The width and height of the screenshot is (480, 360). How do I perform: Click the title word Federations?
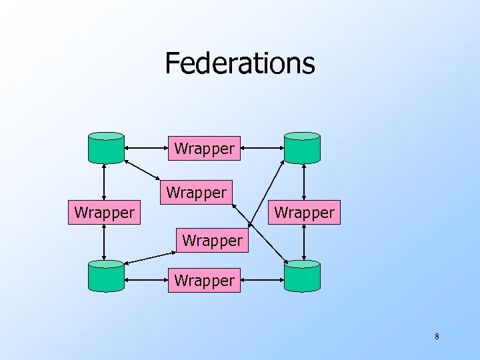point(239,63)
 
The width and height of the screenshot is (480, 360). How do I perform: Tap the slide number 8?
point(437,337)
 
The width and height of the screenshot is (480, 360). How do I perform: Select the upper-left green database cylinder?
point(106,147)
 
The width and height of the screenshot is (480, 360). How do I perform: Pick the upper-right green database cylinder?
point(302,147)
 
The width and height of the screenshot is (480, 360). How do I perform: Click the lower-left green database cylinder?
point(106,276)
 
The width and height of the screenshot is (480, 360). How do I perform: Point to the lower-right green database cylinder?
point(302,276)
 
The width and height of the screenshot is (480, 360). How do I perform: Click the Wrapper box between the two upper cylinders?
point(204,149)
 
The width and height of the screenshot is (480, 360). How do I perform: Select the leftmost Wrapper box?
point(104,213)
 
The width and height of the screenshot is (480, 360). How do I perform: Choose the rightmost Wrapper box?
point(305,213)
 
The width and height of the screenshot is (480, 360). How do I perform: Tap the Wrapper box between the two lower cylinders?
point(204,281)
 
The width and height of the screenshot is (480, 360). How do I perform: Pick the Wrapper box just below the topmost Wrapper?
point(197,193)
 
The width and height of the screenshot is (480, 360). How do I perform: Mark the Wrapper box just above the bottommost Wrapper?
point(212,240)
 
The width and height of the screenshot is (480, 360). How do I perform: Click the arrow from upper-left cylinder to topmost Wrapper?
point(147,147)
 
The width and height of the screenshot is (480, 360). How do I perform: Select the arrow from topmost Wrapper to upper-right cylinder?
point(260,147)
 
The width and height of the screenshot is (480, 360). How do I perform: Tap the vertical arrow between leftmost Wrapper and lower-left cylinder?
point(105,242)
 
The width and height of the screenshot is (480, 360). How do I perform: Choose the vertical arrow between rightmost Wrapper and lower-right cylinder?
point(304,242)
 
